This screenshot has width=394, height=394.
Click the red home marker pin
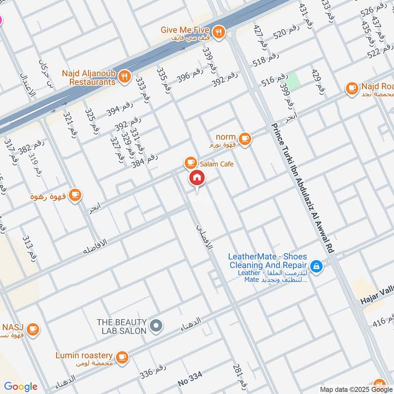197,178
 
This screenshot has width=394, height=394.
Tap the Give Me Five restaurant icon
219,32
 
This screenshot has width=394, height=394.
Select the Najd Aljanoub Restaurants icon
125,76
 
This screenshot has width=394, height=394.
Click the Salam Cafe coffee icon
190,163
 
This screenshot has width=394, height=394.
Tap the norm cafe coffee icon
245,139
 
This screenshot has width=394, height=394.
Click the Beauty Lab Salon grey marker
156,326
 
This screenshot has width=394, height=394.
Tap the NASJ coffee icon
33,328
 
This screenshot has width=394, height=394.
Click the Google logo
21,387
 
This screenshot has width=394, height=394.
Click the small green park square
294,81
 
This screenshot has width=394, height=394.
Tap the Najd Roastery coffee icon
352,88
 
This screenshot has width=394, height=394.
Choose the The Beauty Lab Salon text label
122,327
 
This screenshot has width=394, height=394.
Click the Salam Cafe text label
217,164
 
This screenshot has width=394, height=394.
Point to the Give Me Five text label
185,30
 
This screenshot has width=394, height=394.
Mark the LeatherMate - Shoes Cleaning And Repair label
267,261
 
